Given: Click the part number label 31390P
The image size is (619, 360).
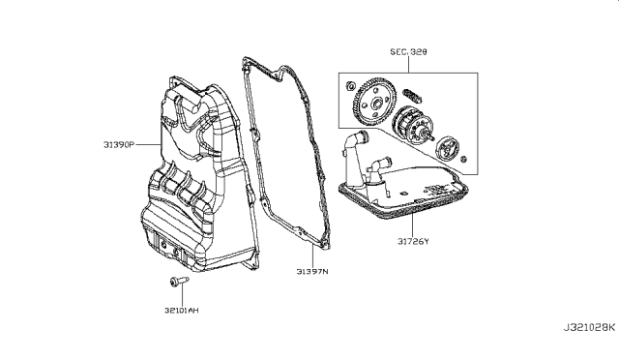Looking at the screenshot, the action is (119, 144).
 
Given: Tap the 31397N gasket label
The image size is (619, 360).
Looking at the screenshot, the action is (312, 272).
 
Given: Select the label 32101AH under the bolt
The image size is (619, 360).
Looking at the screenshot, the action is (182, 311).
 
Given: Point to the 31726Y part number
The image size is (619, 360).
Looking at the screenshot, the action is (413, 241).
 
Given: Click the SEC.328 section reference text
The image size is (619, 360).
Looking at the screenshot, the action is (408, 51).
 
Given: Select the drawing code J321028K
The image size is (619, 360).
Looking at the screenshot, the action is (589, 327).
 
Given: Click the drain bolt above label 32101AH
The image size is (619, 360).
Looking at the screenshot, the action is (179, 282).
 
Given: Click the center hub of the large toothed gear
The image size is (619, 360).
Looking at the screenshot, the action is (375, 105).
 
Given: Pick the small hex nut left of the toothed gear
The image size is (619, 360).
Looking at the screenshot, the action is (349, 86).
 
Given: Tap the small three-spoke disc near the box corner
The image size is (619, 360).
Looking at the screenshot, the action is (448, 148).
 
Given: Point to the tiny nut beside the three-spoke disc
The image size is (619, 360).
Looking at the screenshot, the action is (464, 159).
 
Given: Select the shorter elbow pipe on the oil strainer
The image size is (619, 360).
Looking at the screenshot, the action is (377, 170).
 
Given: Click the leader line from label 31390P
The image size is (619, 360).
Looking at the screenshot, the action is (148, 144).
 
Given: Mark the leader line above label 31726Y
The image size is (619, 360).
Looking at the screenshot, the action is (413, 225).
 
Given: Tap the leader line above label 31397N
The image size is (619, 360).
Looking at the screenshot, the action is (312, 255).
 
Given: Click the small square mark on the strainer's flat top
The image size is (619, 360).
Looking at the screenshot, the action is (404, 194).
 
